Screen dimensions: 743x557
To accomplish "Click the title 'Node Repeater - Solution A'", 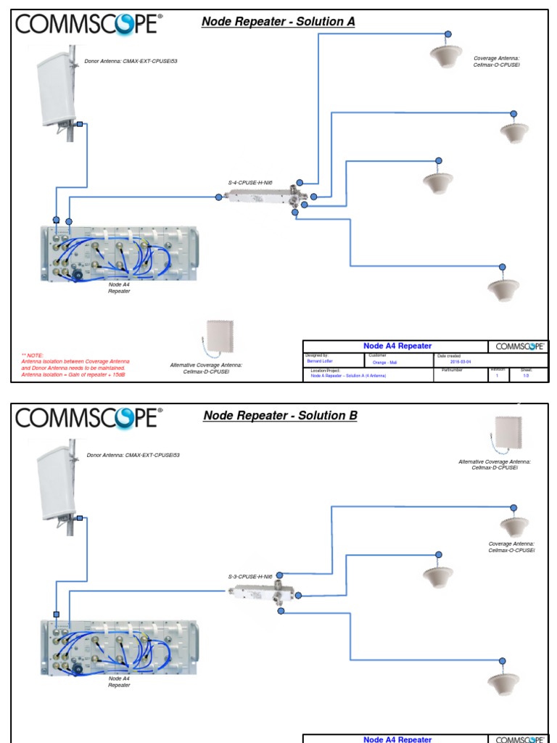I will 278,22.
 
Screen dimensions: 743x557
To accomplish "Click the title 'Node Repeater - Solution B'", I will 280,416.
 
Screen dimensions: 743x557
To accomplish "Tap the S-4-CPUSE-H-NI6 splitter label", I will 250,184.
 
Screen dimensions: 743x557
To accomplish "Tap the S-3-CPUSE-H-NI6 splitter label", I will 250,577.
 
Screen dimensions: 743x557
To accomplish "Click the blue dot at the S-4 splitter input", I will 219,197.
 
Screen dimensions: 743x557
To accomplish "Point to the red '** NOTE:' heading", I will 33,355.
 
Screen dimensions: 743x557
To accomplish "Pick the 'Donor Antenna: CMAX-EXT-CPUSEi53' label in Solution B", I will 133,455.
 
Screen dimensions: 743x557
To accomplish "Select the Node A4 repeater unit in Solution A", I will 120,253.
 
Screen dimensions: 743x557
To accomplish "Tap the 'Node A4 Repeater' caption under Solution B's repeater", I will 119,681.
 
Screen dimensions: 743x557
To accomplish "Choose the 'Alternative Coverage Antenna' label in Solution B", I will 495,464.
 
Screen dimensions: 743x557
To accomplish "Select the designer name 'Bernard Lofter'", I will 319,361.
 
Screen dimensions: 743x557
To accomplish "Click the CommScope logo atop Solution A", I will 86,25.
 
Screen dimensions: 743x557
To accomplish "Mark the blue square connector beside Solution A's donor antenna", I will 80,125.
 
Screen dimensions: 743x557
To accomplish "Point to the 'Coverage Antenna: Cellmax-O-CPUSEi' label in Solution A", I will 497,62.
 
